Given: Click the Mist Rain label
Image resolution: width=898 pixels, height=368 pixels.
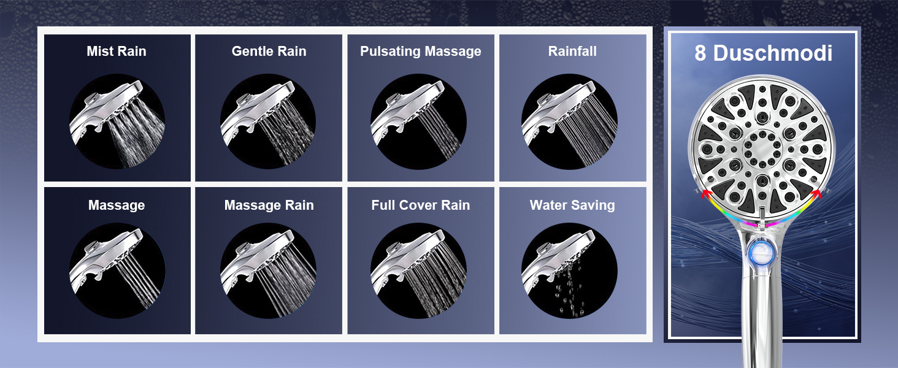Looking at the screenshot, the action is [x=117, y=52].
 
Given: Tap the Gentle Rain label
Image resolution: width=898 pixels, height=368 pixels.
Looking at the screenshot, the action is [x=269, y=52].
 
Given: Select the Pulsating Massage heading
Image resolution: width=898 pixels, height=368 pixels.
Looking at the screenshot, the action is [x=421, y=52].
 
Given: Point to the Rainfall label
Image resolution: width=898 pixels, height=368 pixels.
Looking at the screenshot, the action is [x=572, y=52].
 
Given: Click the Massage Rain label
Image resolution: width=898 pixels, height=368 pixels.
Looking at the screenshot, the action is [x=269, y=205].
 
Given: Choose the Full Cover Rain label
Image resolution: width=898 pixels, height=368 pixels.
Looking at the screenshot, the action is [x=421, y=205].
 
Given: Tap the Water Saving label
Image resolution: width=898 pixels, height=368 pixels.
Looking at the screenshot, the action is [x=572, y=205].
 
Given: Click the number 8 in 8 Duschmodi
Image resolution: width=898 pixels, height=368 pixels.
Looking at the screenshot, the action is [x=700, y=53].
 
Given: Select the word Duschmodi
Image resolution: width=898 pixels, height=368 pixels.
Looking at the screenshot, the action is [x=773, y=53].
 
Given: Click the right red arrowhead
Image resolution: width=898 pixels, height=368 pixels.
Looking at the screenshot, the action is [x=816, y=194].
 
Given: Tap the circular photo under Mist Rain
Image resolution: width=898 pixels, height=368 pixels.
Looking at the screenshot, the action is [x=117, y=121].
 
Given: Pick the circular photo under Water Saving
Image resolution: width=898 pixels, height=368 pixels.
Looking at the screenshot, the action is [x=569, y=270].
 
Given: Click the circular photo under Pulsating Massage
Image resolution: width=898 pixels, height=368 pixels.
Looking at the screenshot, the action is [x=418, y=121].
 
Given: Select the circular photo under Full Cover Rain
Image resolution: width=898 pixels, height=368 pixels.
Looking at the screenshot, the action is [x=418, y=270].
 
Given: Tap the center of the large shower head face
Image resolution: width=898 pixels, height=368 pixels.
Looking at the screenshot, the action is [x=762, y=147].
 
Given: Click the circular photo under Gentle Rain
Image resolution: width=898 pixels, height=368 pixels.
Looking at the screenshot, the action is [x=268, y=121].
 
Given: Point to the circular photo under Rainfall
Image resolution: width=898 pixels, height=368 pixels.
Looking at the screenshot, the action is [x=569, y=121].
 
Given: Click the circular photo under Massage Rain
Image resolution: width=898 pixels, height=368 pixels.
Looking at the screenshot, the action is [x=268, y=270].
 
